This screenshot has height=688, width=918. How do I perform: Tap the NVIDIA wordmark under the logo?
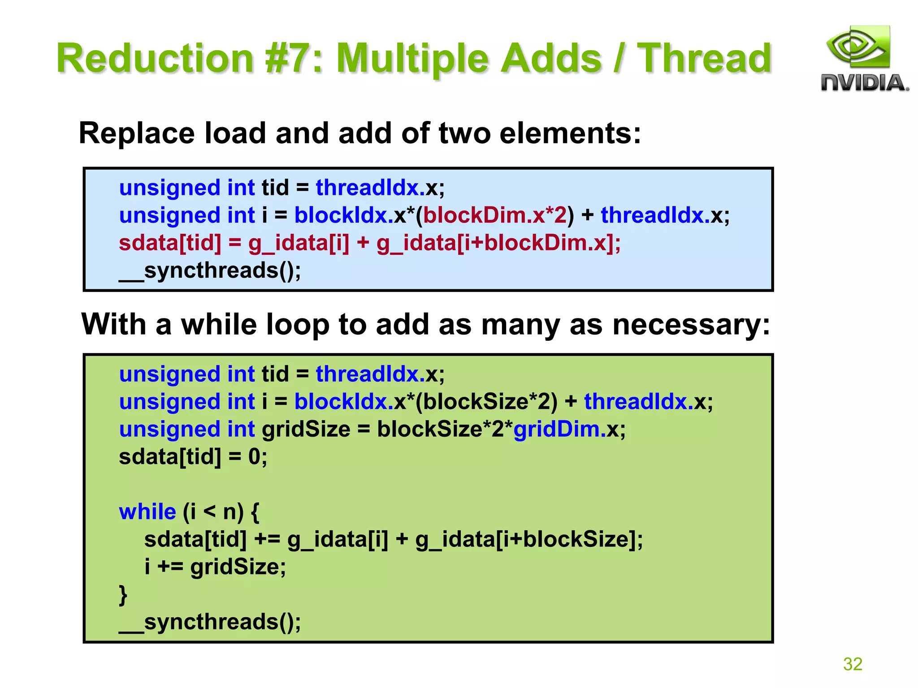(864, 83)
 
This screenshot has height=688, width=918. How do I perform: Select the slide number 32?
(853, 664)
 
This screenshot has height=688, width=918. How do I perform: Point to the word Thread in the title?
(704, 58)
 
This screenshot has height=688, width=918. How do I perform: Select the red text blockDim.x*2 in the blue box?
(495, 215)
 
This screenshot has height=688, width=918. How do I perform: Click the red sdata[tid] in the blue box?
(170, 243)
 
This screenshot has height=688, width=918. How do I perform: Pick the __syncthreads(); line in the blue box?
(210, 271)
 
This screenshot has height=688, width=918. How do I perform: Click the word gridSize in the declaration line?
(306, 429)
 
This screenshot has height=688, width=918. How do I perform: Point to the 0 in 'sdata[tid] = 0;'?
(254, 457)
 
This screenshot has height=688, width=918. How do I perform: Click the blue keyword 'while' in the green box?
(147, 512)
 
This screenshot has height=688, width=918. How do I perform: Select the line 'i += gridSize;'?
(215, 567)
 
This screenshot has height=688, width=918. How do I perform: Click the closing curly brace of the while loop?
(123, 595)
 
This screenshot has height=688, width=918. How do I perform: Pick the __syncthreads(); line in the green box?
(210, 622)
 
